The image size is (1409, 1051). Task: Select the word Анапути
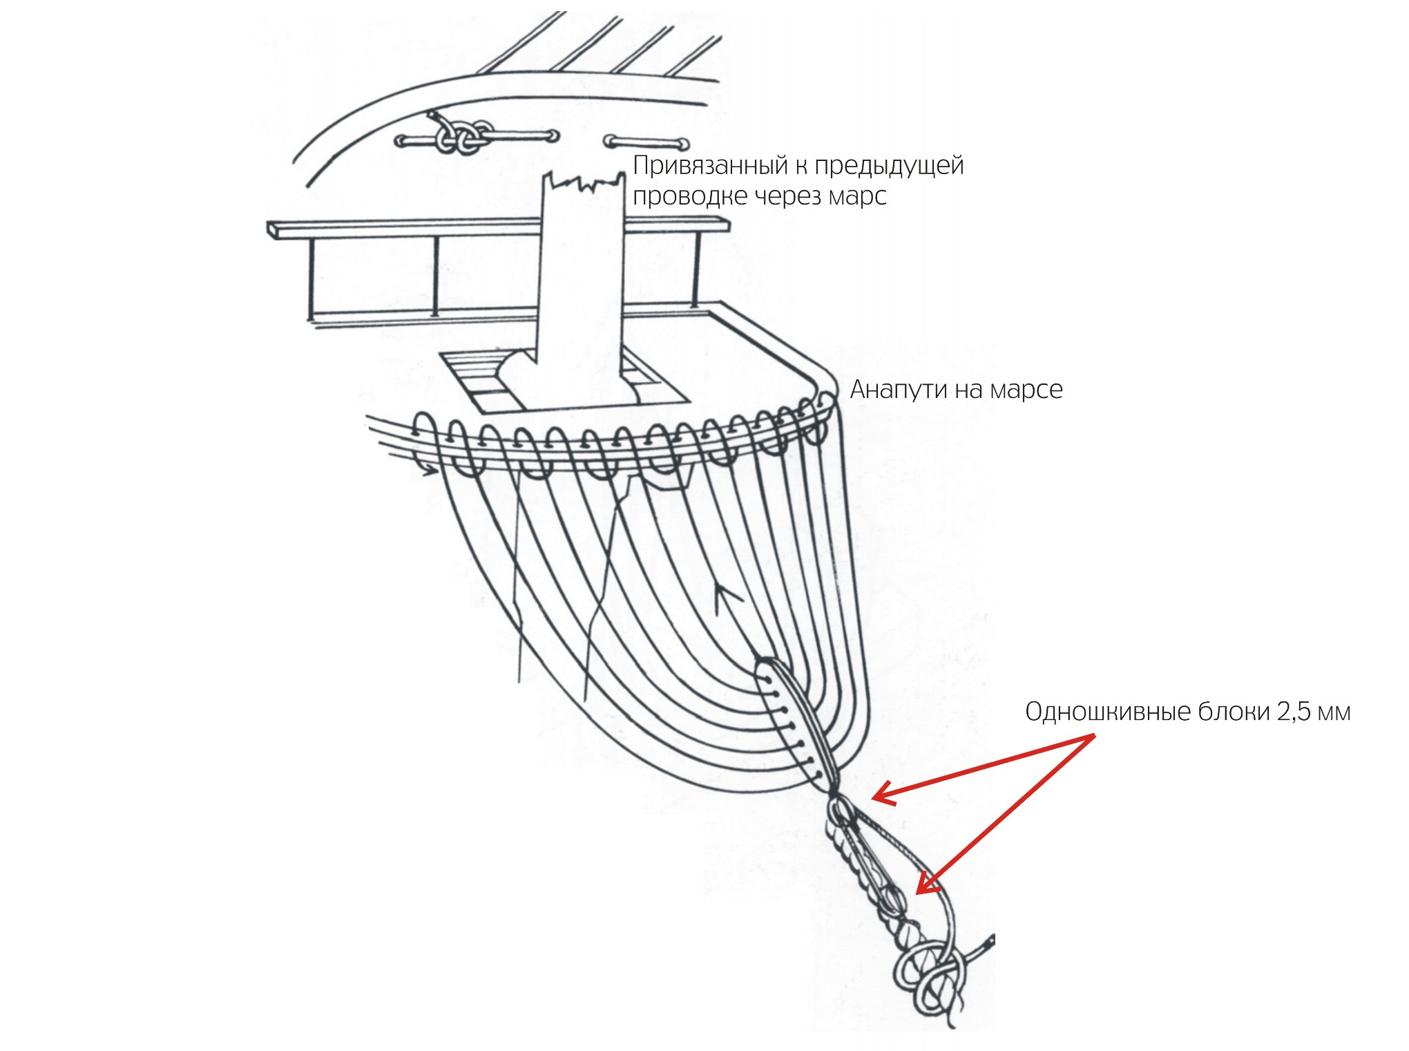(898, 390)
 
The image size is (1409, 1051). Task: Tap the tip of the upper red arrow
(873, 799)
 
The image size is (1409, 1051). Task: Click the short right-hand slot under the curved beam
(646, 142)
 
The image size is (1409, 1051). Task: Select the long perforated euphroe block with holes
(794, 722)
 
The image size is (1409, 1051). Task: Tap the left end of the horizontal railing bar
(271, 230)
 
